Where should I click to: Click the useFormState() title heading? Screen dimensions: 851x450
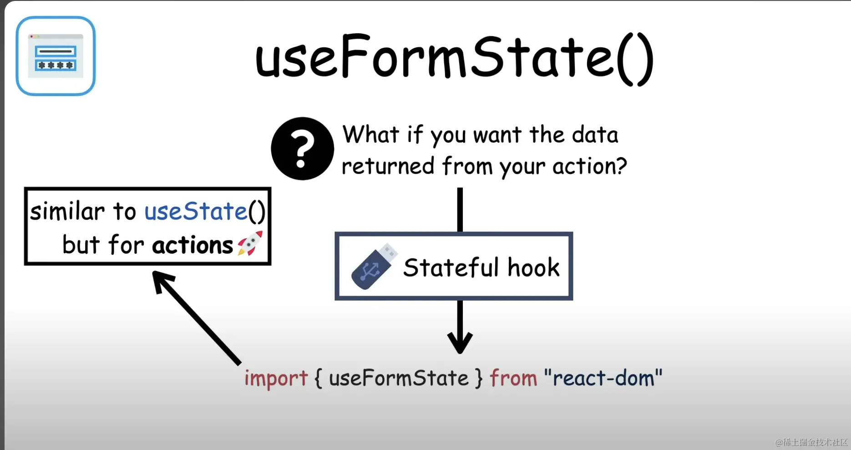(x=454, y=59)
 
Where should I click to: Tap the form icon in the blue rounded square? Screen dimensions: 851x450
(x=56, y=56)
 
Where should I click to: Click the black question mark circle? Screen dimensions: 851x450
(x=302, y=148)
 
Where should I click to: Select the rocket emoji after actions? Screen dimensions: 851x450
(x=250, y=243)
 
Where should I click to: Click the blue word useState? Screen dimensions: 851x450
(x=196, y=211)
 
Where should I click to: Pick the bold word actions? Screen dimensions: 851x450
(x=192, y=245)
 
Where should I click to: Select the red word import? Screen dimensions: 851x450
(x=276, y=378)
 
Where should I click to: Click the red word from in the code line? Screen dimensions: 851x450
(x=513, y=378)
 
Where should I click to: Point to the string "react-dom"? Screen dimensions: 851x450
(x=603, y=378)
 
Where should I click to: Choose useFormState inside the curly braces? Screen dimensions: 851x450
(x=399, y=378)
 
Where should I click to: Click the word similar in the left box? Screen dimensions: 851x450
(x=67, y=211)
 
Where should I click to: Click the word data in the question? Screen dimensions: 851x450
(x=595, y=135)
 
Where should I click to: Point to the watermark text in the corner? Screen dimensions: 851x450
(x=811, y=442)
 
